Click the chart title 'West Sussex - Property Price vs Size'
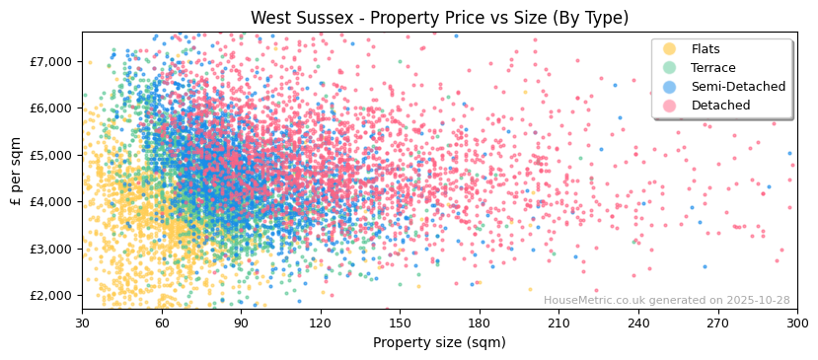point(439,18)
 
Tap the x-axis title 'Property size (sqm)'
point(439,342)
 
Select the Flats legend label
point(706,49)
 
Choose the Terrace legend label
point(713,68)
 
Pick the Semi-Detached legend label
point(738,87)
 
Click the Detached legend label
point(720,106)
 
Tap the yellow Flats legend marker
point(670,49)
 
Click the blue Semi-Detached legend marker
point(670,87)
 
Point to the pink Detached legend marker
point(670,106)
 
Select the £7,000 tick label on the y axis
point(52,61)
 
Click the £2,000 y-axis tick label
point(52,295)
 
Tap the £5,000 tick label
point(52,155)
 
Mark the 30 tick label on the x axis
point(82,323)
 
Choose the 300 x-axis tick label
point(797,323)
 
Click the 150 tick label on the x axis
point(400,323)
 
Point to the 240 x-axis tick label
point(638,323)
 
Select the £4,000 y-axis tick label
point(52,201)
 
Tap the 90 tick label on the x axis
point(241,323)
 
